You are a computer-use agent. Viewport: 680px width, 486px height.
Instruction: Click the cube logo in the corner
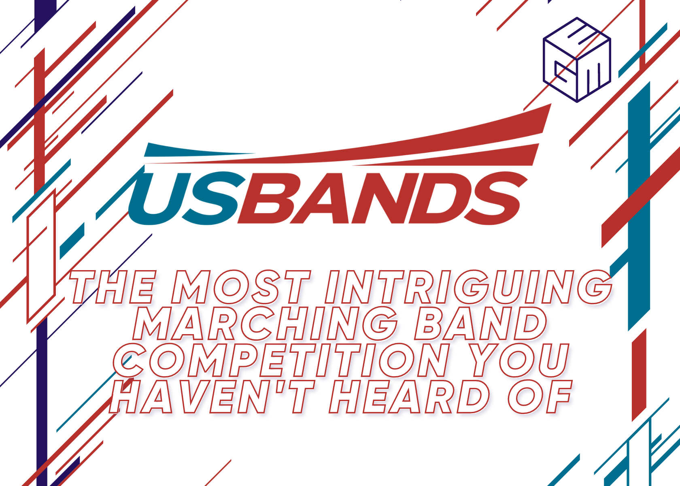click(x=577, y=60)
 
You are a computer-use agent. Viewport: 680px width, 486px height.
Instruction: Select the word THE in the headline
click(x=113, y=287)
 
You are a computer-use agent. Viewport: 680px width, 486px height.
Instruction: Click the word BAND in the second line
click(x=481, y=324)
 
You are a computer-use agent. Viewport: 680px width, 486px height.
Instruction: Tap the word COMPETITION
click(x=281, y=360)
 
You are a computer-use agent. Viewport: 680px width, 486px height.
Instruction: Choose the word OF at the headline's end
click(x=540, y=397)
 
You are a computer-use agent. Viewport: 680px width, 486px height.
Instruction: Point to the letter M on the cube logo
click(x=594, y=77)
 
